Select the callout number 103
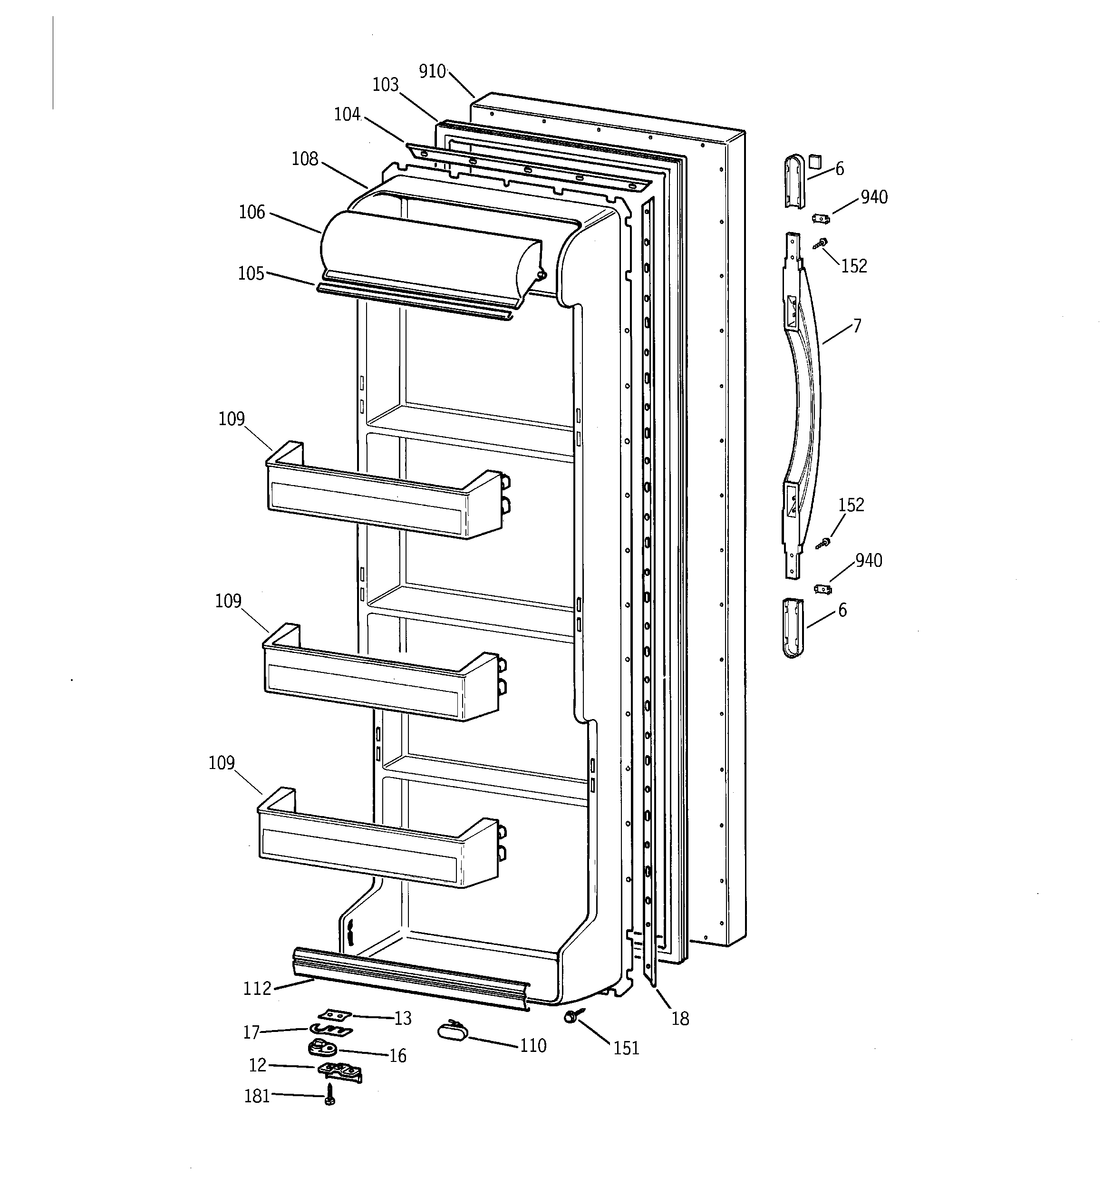(x=386, y=85)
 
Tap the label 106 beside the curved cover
(x=252, y=212)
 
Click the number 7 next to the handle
(x=857, y=325)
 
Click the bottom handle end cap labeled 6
(x=793, y=628)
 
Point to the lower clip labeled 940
(x=822, y=589)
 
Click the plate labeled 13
(x=335, y=1015)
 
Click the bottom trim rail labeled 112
(x=408, y=979)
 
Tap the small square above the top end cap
(x=815, y=160)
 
